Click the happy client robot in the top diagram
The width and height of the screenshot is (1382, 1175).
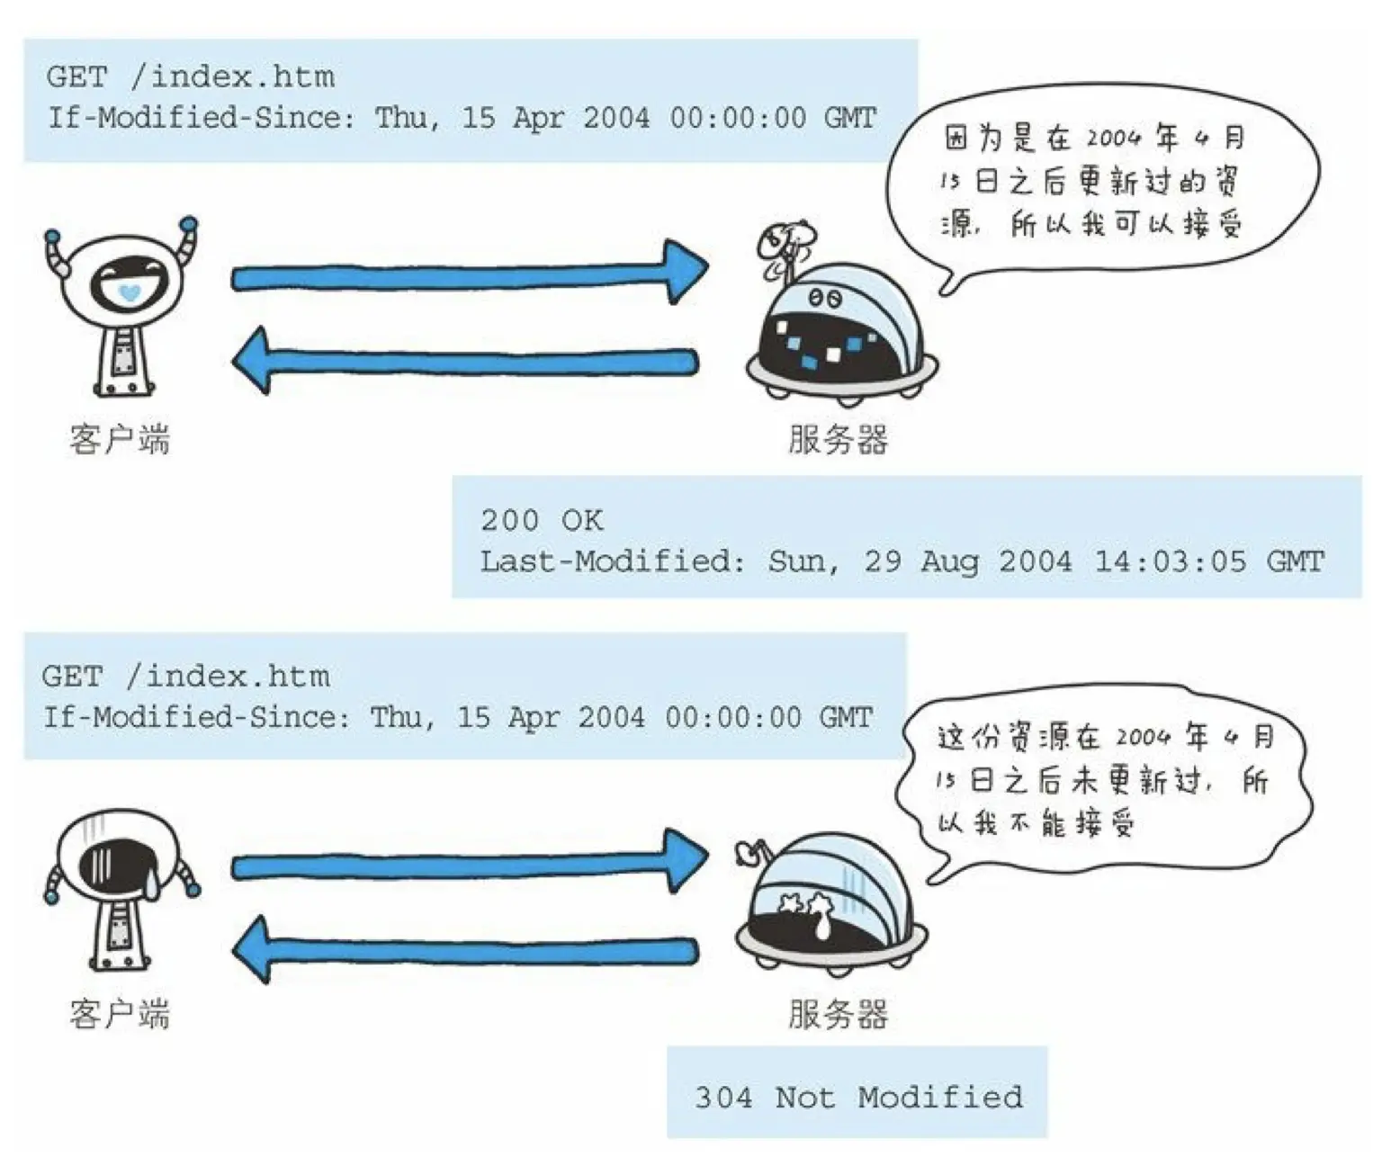[121, 306]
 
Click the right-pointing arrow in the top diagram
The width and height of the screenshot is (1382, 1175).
[468, 273]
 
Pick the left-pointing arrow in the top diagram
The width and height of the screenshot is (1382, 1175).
[463, 360]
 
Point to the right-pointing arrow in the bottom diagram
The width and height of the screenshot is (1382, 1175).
[468, 864]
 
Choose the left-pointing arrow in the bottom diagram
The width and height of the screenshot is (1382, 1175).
[463, 950]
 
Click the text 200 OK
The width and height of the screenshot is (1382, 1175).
[541, 520]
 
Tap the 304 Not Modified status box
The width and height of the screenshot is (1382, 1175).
[857, 1096]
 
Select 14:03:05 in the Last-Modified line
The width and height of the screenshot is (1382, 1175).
[1170, 561]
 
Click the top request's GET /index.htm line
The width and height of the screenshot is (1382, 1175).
[190, 76]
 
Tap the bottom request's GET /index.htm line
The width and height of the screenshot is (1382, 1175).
[185, 676]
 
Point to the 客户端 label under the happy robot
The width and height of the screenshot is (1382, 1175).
[120, 440]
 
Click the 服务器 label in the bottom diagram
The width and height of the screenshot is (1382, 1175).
[838, 1014]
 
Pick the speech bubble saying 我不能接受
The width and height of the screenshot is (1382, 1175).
[1102, 781]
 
